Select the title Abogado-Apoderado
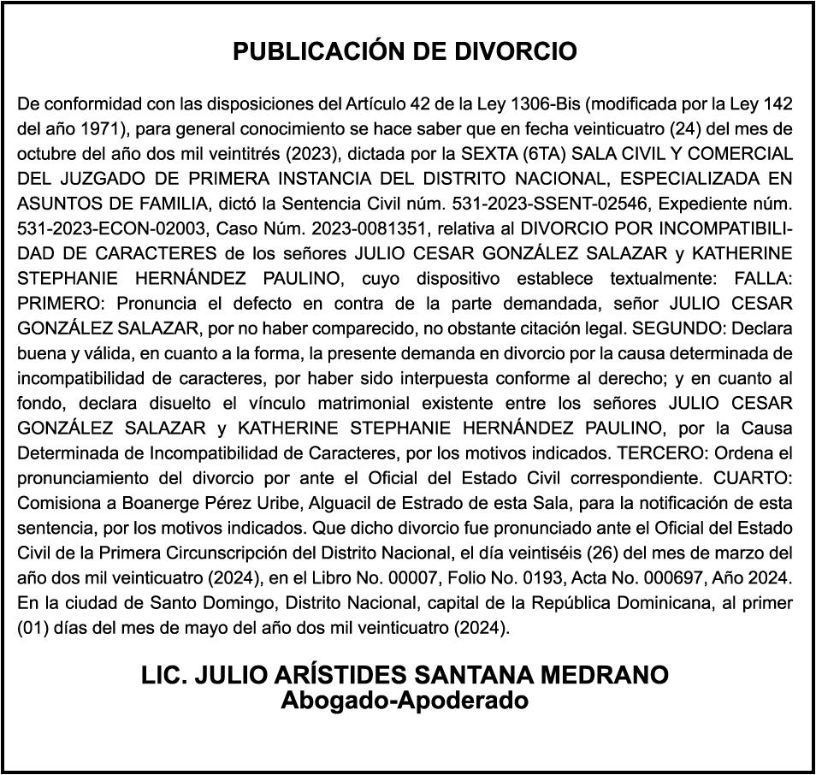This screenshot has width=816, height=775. [x=405, y=701]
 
